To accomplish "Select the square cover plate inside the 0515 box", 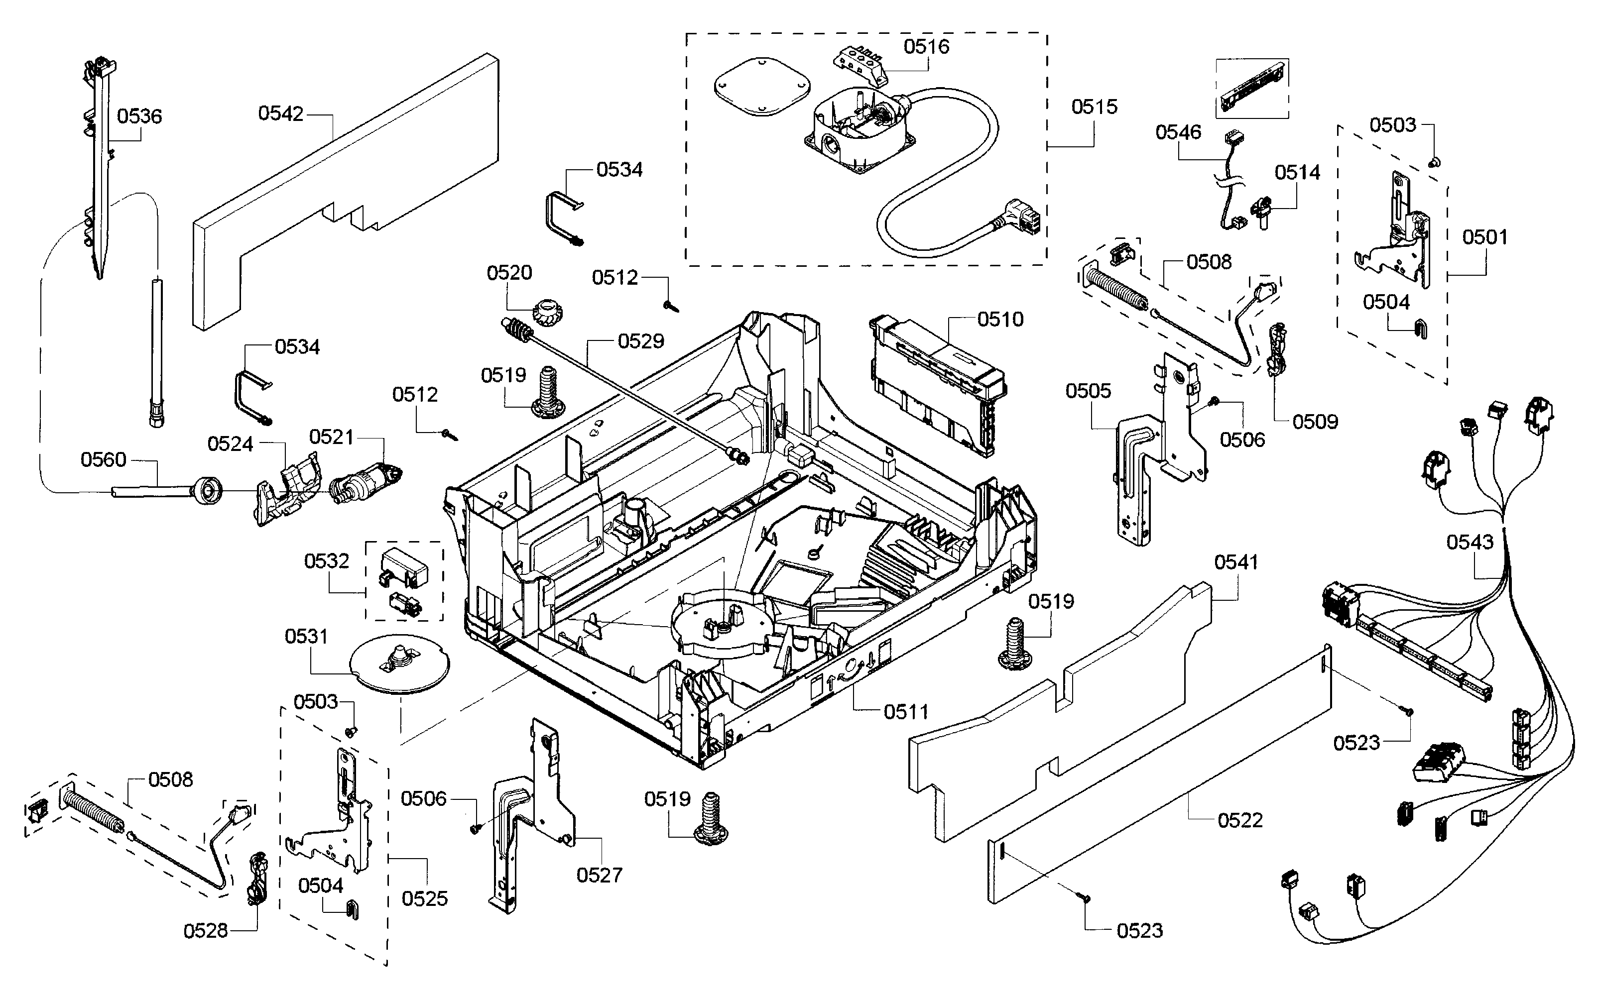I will (x=761, y=88).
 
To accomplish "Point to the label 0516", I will (x=926, y=47).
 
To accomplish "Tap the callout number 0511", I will (x=905, y=711).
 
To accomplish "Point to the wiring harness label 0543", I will (x=1470, y=543).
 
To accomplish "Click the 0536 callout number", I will (x=139, y=116).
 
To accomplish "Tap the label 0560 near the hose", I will (x=103, y=460).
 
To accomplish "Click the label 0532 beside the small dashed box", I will (x=327, y=561).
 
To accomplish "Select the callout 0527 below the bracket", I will (x=599, y=875).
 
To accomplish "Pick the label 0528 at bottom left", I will (x=206, y=931).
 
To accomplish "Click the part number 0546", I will (x=1178, y=133).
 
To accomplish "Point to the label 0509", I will (x=1315, y=422).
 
